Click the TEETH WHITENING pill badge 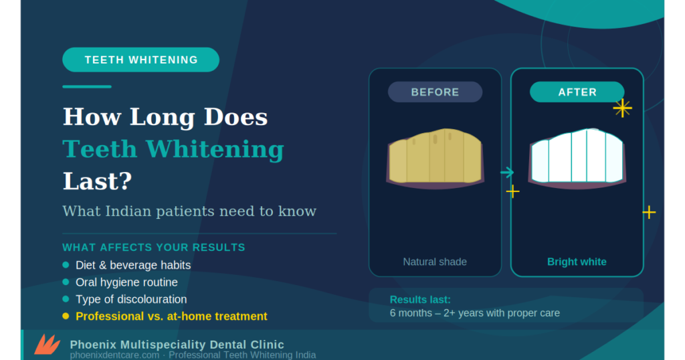140,60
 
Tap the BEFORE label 435,92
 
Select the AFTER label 577,92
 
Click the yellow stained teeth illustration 435,159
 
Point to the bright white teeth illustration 577,158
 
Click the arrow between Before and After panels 507,173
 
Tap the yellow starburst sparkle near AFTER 622,108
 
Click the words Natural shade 435,262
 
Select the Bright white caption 577,262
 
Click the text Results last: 420,300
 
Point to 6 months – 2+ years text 474,313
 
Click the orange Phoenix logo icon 47,344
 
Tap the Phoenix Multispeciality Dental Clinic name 177,345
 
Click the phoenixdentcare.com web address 114,355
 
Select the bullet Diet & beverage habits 133,265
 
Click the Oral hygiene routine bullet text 126,282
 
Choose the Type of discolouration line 131,299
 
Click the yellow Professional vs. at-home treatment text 171,317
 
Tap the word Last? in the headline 98,181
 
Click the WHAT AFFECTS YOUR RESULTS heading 154,248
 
